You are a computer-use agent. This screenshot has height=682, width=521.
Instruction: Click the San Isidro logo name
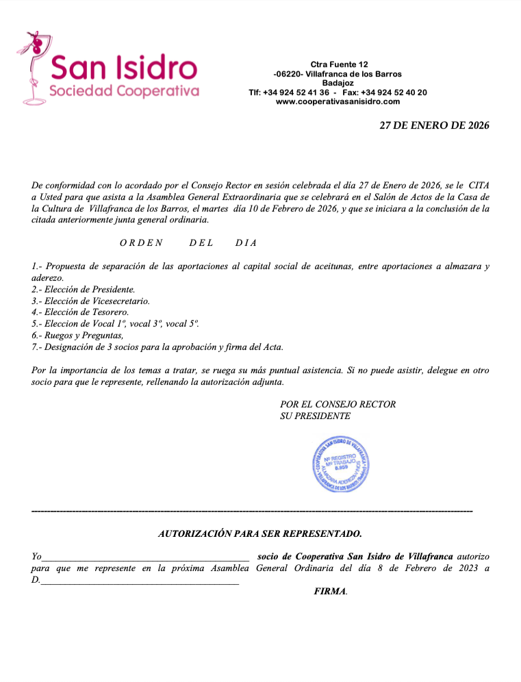[124, 67]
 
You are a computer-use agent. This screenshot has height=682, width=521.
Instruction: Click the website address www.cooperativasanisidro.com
[338, 101]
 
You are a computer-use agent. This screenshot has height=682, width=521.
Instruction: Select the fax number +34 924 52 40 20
[394, 92]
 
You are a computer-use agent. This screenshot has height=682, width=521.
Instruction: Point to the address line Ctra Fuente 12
[339, 64]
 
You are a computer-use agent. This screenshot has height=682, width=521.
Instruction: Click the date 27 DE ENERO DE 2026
[435, 125]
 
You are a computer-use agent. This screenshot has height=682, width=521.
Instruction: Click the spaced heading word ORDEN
[141, 242]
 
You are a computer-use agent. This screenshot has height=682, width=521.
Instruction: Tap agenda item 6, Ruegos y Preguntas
[77, 336]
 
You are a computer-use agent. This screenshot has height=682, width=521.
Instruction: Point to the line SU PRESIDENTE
[315, 416]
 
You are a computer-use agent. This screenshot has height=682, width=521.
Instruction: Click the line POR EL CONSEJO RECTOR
[338, 404]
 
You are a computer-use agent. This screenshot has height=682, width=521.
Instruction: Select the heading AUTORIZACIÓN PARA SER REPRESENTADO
[260, 533]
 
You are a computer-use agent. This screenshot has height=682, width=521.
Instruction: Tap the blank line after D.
[140, 581]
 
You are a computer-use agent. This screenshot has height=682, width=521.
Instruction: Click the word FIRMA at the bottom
[329, 591]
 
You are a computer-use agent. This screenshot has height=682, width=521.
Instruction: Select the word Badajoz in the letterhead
[338, 83]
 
